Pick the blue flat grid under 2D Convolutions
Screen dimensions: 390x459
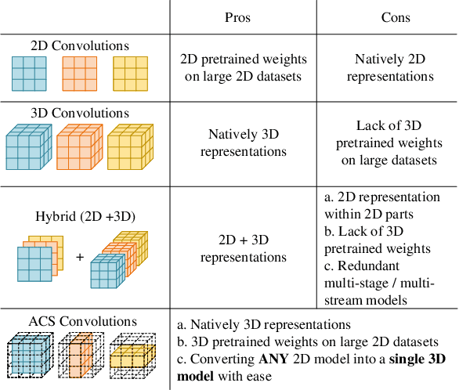click(28, 75)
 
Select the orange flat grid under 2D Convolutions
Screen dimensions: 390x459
click(78, 75)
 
